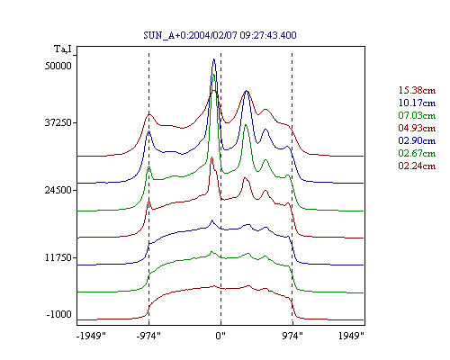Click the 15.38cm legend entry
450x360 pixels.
tap(417, 90)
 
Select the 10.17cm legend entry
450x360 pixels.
tap(417, 103)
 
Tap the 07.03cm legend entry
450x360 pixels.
tap(417, 115)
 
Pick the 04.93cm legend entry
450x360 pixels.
tap(417, 128)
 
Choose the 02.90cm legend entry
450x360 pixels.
tap(417, 140)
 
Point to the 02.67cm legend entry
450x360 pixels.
tap(417, 153)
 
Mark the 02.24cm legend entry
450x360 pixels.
tap(417, 166)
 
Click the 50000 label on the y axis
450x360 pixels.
tap(58, 66)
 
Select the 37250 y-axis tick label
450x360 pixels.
tap(58, 122)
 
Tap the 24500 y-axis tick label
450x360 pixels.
tap(58, 190)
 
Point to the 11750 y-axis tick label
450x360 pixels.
tap(58, 257)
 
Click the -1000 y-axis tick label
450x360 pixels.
tap(59, 314)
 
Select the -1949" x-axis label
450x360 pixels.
tap(91, 336)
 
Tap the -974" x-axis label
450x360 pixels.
tap(148, 336)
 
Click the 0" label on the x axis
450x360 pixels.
tap(220, 336)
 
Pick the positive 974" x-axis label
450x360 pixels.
tap(292, 336)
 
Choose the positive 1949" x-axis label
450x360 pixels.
tap(351, 336)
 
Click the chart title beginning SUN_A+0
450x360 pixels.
tap(220, 35)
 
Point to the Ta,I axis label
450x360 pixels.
tap(63, 49)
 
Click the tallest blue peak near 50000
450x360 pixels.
tap(214, 59)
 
